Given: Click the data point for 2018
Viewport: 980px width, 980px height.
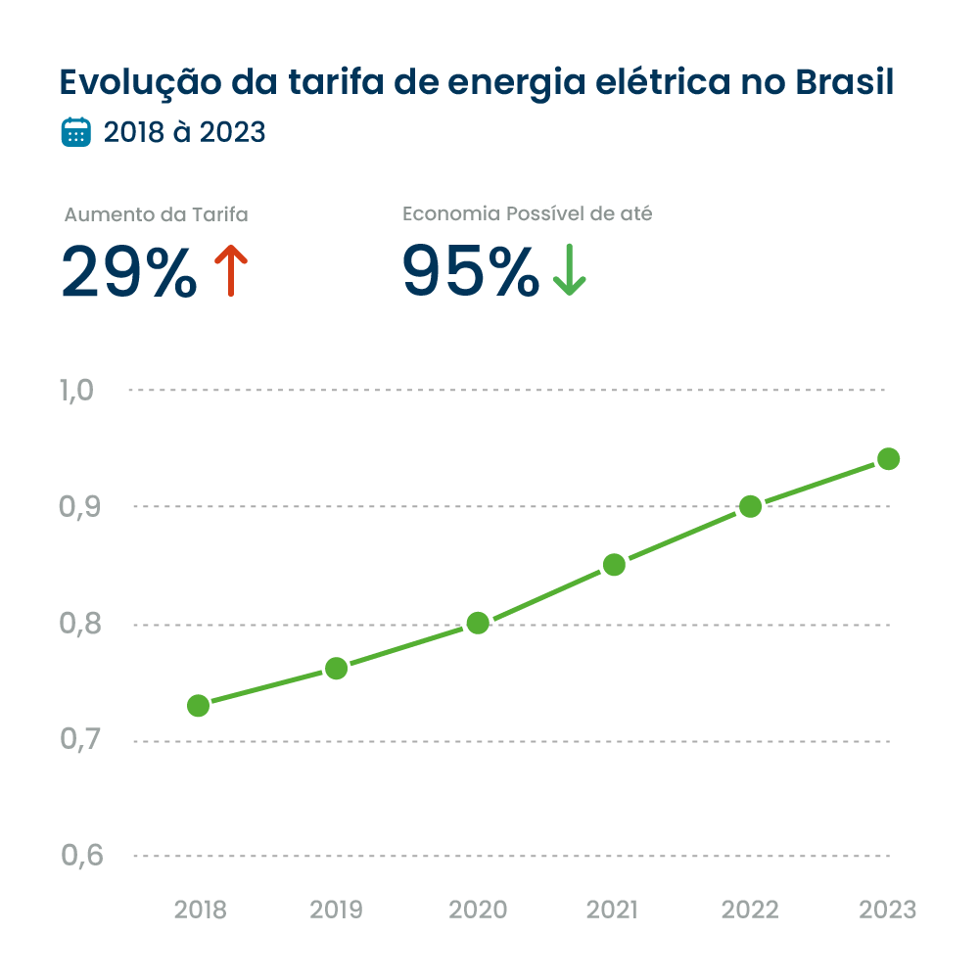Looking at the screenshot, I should [198, 705].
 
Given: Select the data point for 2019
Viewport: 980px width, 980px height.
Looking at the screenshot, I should [336, 669].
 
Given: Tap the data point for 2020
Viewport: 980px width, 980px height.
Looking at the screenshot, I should [478, 623].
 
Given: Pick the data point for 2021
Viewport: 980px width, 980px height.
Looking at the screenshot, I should [614, 564].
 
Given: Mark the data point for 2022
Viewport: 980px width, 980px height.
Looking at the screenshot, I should [751, 506].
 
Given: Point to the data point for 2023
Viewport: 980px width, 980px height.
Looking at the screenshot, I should [888, 458].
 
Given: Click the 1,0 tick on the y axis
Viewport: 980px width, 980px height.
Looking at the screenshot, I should [76, 391].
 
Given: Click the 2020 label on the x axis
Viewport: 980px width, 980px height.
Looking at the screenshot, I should [478, 910].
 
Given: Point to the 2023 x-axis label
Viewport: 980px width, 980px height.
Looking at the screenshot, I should [888, 910].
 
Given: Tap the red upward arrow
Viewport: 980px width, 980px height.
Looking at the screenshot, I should [230, 271].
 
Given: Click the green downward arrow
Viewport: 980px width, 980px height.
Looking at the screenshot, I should [569, 271].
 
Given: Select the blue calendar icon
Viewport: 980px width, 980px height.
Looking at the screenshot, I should [75, 132].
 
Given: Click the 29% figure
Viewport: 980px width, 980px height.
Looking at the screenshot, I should [129, 271].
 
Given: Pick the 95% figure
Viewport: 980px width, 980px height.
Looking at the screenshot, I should [470, 271].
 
